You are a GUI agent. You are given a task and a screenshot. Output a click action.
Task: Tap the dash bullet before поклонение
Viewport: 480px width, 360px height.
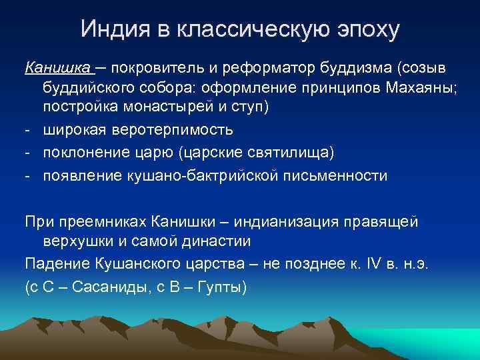pyautogui.click(x=29, y=153)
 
